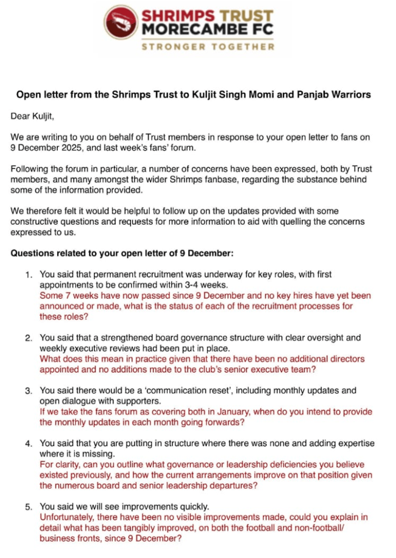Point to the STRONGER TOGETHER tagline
click(x=208, y=47)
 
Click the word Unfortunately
click(x=67, y=517)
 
